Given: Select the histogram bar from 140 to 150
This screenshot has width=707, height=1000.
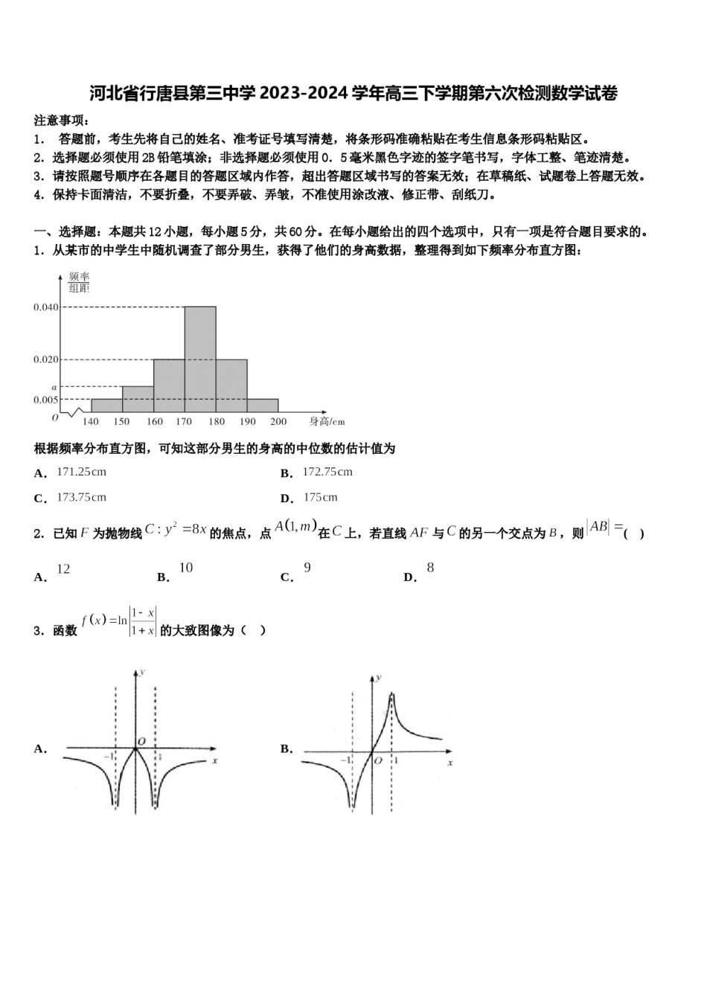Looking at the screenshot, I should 106,406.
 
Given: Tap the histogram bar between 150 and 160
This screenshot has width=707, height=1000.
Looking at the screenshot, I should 138,399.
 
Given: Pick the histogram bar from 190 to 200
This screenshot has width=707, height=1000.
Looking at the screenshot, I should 263,406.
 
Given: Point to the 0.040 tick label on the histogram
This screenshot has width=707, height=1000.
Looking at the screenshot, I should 45,307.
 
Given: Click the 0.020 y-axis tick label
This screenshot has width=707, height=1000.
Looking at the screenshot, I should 45,359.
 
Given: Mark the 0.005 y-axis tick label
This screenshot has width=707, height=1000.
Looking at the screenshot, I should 45,400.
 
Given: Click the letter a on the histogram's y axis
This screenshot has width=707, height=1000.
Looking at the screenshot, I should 54,387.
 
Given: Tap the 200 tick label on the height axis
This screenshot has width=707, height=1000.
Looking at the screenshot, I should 278,422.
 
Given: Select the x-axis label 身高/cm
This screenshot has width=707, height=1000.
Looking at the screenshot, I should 327,422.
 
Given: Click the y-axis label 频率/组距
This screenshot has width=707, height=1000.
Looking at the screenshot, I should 79,283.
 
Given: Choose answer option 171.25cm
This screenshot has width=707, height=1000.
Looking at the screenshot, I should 81,472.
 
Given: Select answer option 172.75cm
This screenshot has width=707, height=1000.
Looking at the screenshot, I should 327,472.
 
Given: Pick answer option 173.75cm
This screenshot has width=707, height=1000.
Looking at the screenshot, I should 81,497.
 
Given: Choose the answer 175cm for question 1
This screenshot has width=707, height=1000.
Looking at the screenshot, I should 320,497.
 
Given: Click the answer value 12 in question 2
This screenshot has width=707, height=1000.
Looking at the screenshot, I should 63,569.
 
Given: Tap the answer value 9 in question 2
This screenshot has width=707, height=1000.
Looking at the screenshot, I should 307,568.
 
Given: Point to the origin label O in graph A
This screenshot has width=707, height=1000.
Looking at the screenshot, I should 140,741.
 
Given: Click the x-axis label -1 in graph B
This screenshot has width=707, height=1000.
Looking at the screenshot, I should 345,760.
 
